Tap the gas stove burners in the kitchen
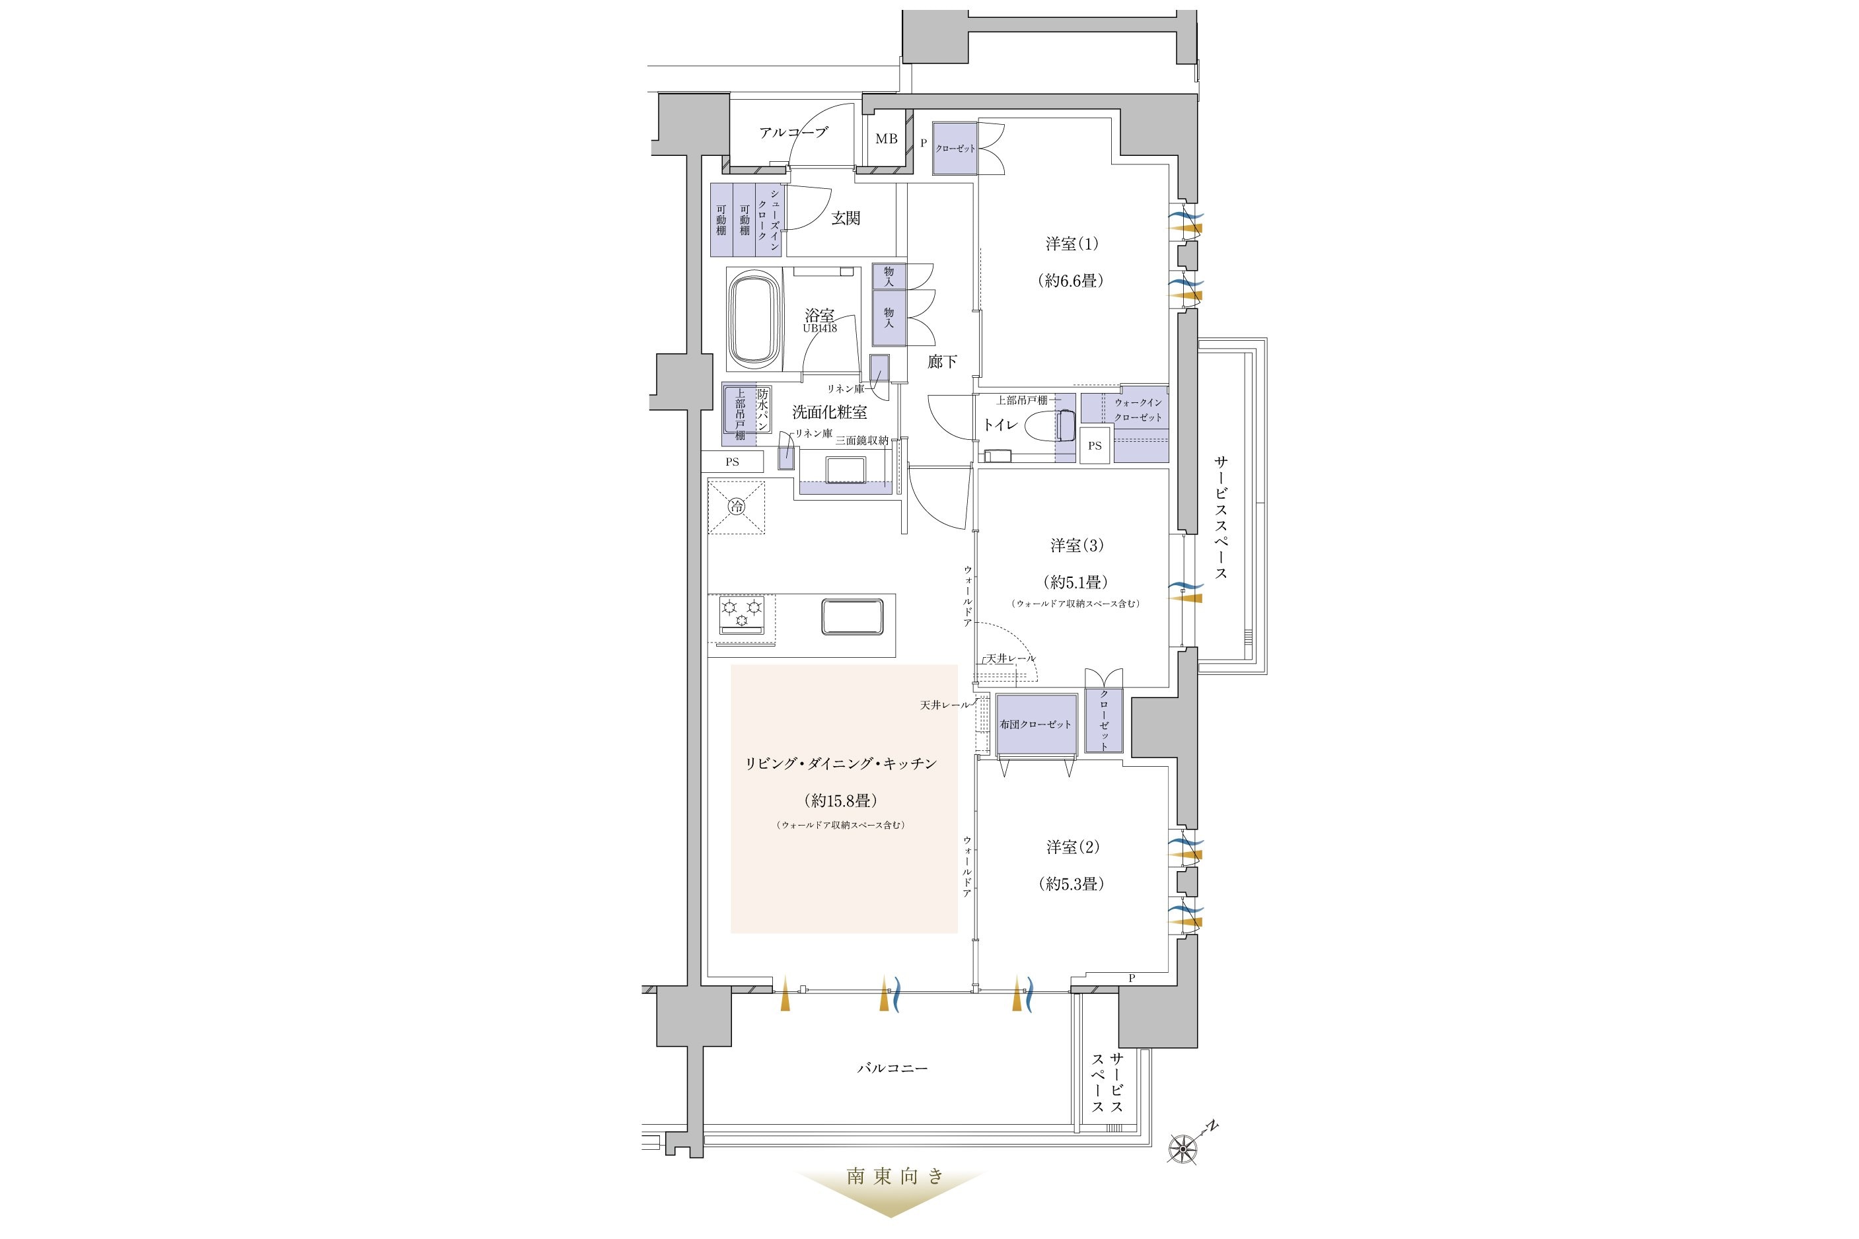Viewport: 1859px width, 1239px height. (189, 613)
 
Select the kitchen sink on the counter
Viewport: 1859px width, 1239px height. (852, 616)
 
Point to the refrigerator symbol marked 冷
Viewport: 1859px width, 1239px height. (736, 507)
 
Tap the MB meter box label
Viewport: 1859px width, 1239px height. (886, 139)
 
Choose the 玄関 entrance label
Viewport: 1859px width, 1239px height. (846, 218)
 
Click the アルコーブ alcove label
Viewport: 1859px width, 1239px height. (793, 132)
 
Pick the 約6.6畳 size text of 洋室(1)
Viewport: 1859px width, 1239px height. (1071, 281)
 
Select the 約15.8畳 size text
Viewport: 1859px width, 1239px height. (841, 800)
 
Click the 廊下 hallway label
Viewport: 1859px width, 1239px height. (942, 362)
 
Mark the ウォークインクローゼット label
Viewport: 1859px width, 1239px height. (1138, 410)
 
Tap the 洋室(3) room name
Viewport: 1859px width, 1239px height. (1077, 546)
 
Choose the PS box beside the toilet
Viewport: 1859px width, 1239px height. (1095, 446)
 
